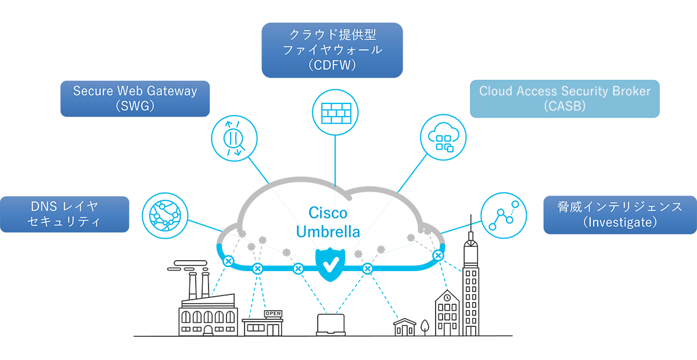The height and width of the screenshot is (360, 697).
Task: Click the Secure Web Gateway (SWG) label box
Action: [135, 98]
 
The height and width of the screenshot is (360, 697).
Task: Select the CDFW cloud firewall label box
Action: [332, 50]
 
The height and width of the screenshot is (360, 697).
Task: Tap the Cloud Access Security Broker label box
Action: [565, 99]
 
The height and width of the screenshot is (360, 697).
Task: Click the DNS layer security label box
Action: [64, 214]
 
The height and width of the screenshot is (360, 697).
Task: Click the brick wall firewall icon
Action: [336, 111]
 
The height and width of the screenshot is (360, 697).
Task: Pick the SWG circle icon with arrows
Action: [234, 138]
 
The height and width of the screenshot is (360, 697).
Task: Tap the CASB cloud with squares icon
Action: [443, 138]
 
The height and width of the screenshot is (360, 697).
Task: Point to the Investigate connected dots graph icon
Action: [504, 215]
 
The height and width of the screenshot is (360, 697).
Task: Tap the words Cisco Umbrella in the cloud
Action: [328, 222]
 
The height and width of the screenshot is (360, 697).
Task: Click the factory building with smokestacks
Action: [207, 311]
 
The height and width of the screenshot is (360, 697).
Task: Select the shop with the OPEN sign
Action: [263, 324]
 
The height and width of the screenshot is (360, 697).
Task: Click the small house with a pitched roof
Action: [404, 327]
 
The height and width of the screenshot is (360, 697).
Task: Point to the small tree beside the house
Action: [425, 326]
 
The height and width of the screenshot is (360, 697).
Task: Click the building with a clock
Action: [447, 314]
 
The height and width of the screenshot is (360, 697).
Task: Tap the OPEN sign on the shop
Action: [272, 314]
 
